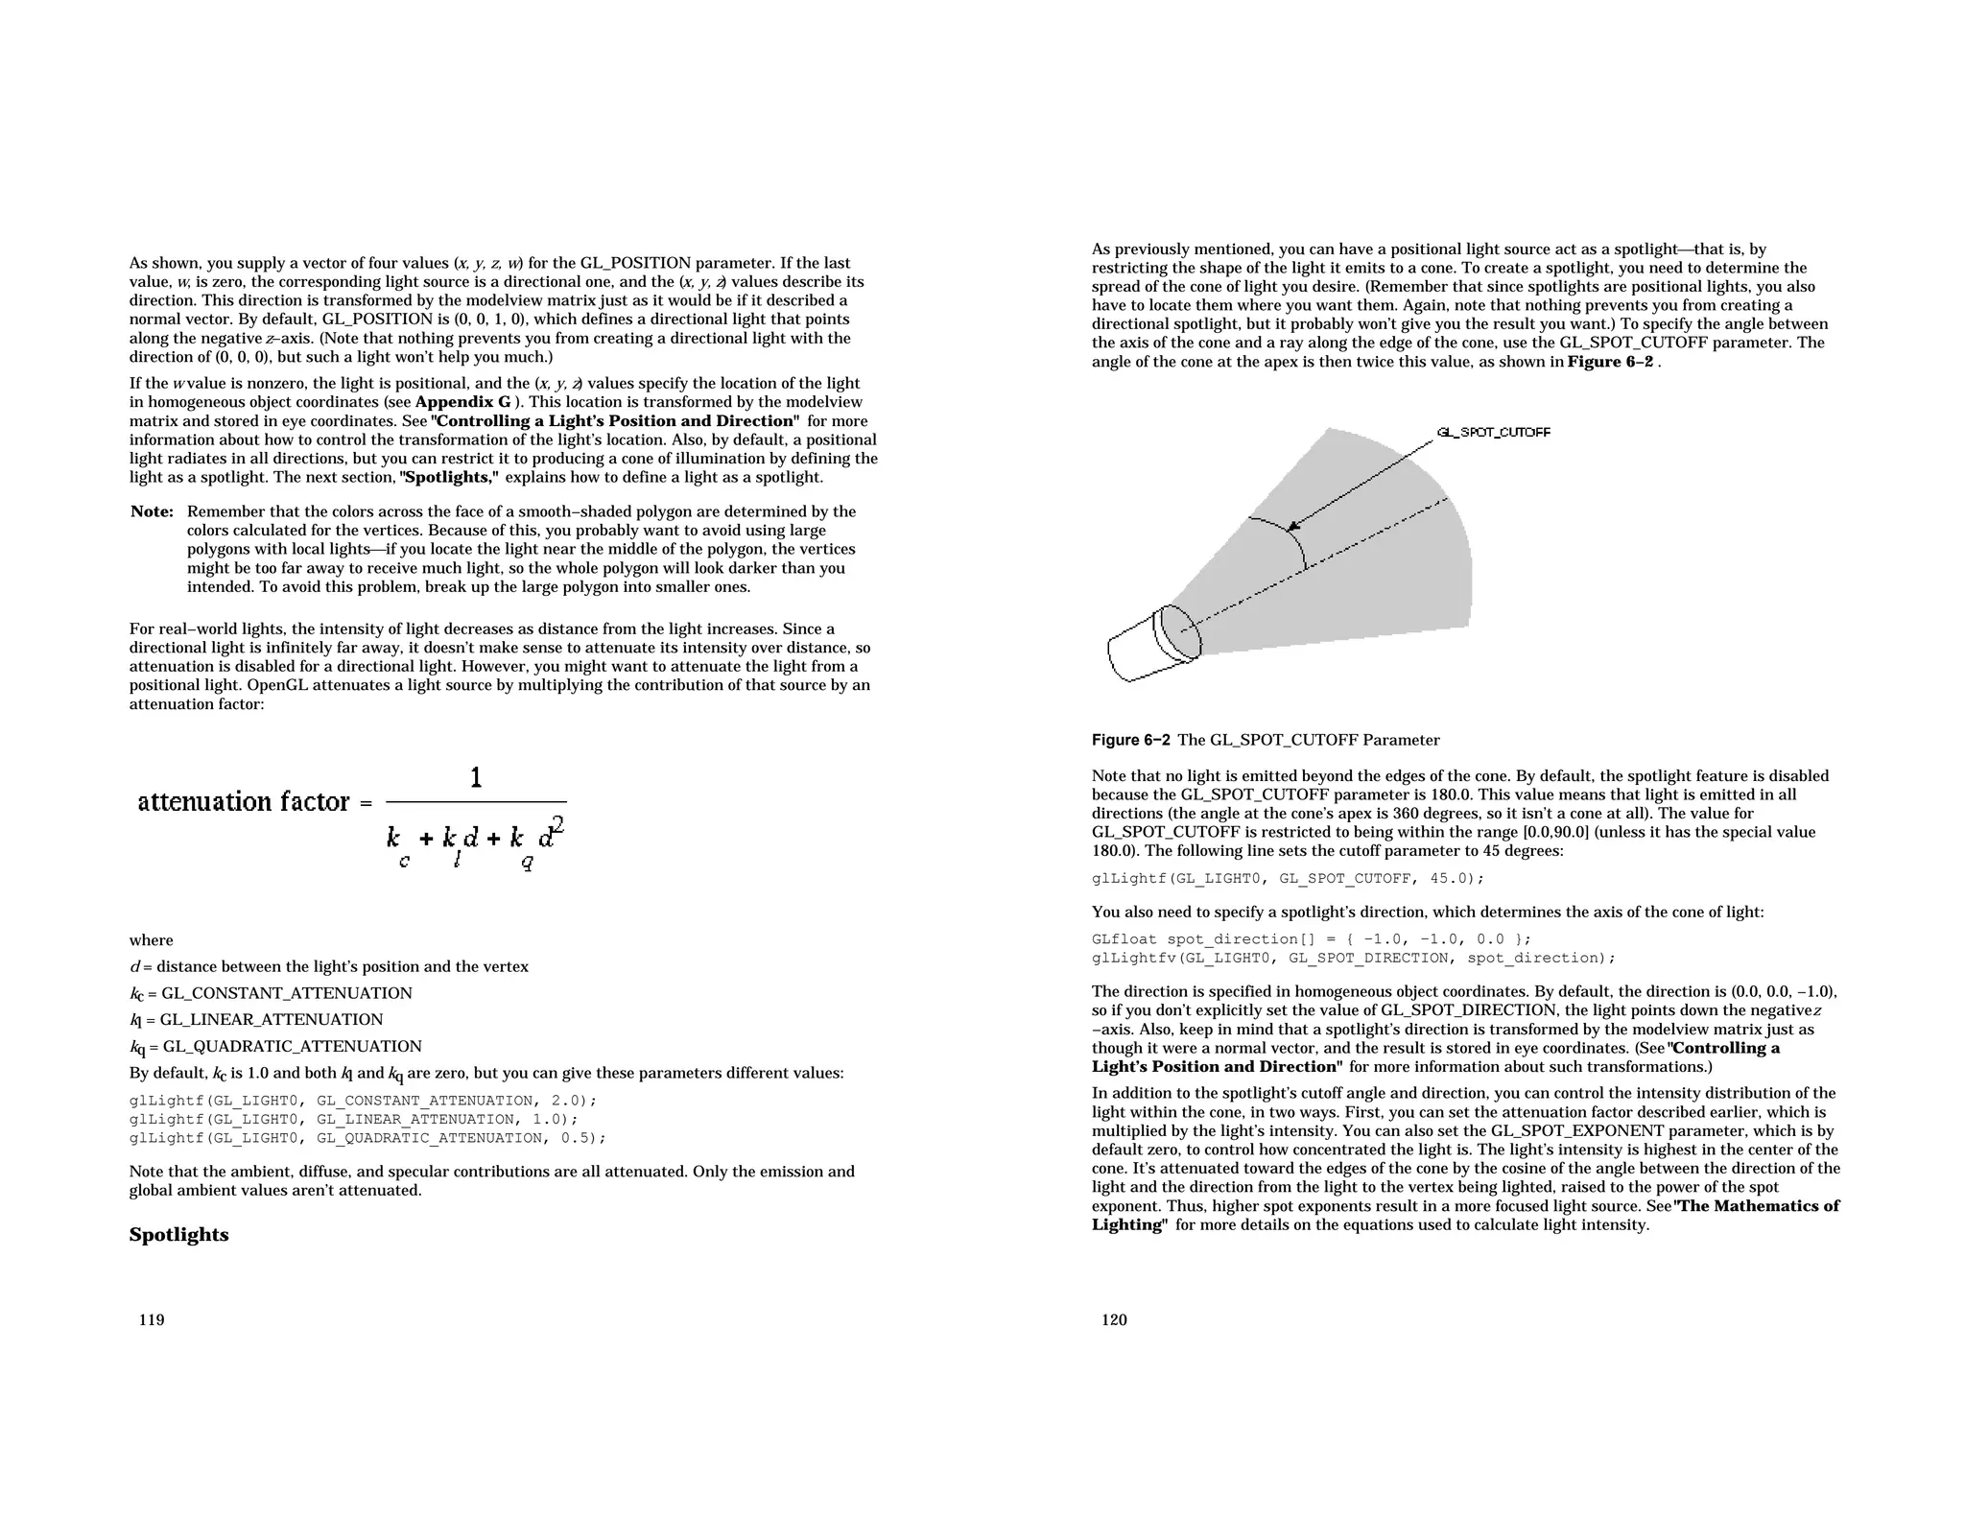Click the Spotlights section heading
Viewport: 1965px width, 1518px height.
click(x=178, y=1235)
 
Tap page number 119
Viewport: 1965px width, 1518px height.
click(x=152, y=1320)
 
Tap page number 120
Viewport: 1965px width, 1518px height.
click(x=1114, y=1320)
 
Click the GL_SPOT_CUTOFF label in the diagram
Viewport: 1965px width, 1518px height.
click(x=1493, y=433)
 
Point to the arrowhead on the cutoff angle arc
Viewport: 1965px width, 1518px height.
click(x=1293, y=525)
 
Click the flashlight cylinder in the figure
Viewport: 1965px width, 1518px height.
click(x=1151, y=646)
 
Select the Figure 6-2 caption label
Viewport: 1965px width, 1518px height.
click(x=1130, y=740)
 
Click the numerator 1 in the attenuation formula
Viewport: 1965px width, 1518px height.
click(x=476, y=778)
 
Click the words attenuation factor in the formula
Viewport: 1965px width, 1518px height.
click(x=244, y=802)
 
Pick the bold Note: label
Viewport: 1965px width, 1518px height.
click(x=152, y=511)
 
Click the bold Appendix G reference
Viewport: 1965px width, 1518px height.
click(x=462, y=402)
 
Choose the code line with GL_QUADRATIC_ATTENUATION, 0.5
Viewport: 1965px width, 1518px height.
click(x=367, y=1138)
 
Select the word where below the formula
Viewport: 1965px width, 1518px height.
click(x=152, y=940)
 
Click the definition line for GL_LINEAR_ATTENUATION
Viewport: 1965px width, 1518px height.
click(x=256, y=1020)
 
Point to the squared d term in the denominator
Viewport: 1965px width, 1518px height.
click(x=550, y=833)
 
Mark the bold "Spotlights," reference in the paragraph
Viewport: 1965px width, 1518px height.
click(x=450, y=478)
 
